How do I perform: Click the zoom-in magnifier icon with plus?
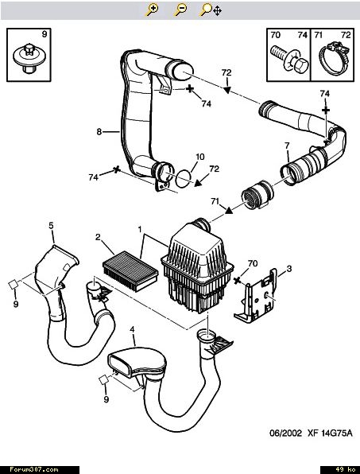click(x=152, y=10)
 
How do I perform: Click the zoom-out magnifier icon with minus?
click(x=180, y=10)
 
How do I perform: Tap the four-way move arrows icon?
click(x=217, y=11)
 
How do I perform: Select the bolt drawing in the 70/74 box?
click(x=289, y=60)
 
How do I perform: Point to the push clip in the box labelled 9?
click(x=28, y=59)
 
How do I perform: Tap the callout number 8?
click(x=99, y=132)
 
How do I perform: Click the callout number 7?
click(x=287, y=146)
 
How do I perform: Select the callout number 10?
click(x=200, y=157)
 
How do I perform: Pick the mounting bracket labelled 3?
click(x=256, y=297)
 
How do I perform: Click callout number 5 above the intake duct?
click(x=51, y=226)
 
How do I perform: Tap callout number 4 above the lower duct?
click(x=132, y=330)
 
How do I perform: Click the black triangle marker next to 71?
click(x=229, y=210)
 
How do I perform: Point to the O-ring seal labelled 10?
click(x=184, y=179)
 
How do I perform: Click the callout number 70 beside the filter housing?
click(x=253, y=263)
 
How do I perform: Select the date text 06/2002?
click(x=285, y=433)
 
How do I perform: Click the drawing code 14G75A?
click(x=336, y=433)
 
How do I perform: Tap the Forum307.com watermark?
click(x=34, y=469)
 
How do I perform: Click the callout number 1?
click(x=140, y=230)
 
